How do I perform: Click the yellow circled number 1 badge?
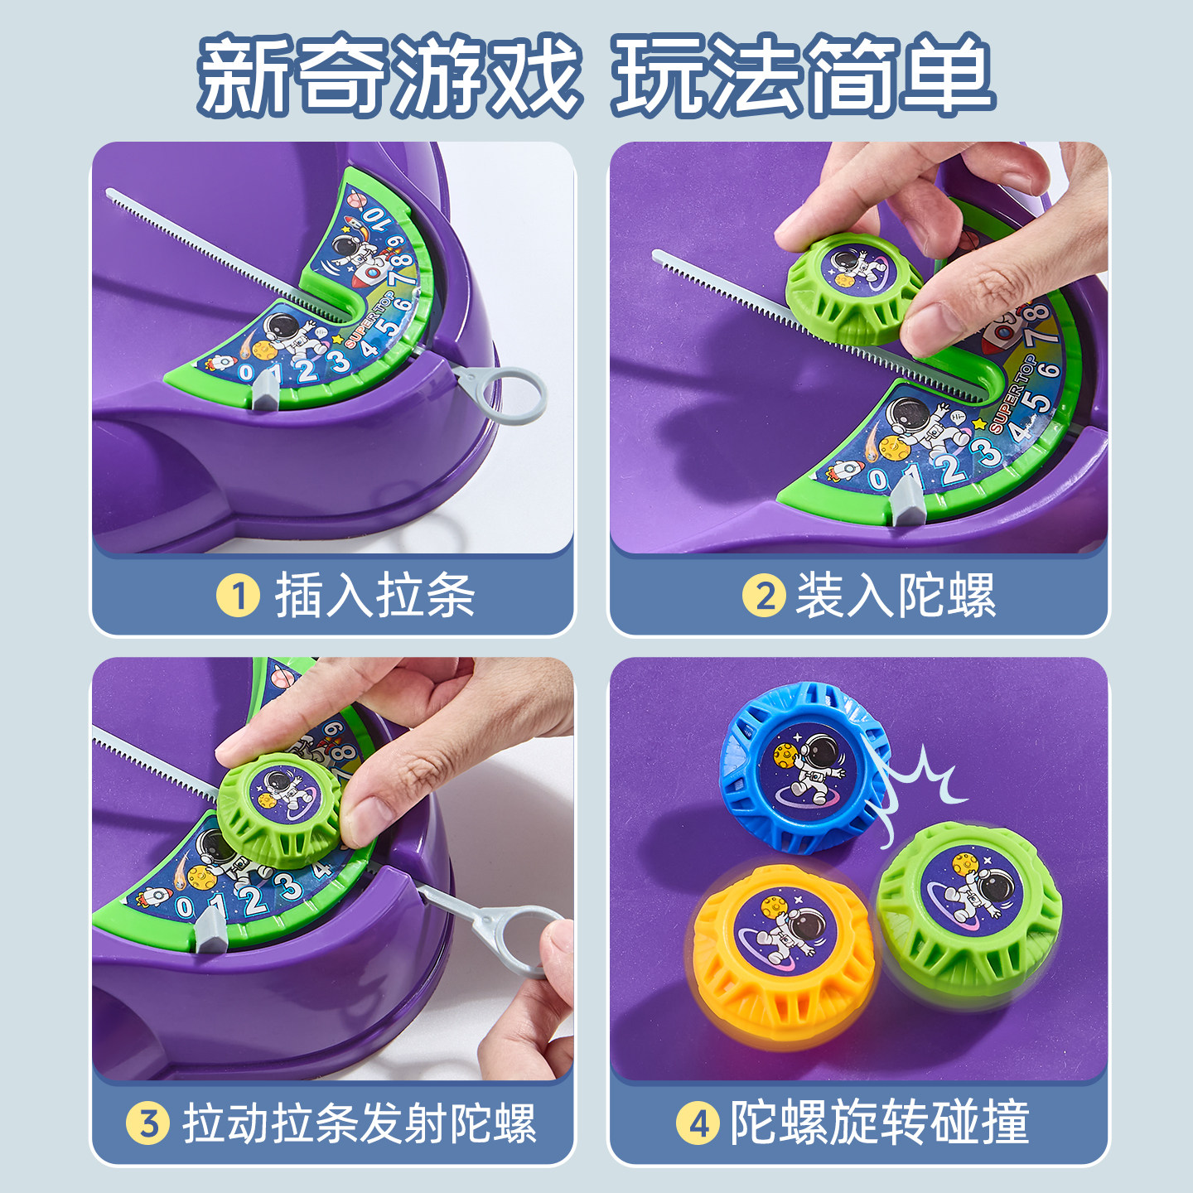[239, 596]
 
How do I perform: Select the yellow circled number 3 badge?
[148, 1123]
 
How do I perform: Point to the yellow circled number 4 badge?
[698, 1123]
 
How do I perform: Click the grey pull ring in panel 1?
[514, 396]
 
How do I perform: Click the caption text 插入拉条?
[374, 596]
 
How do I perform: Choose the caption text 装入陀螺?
[895, 596]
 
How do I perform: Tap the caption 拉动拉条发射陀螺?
[360, 1123]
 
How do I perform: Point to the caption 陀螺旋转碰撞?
[878, 1123]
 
